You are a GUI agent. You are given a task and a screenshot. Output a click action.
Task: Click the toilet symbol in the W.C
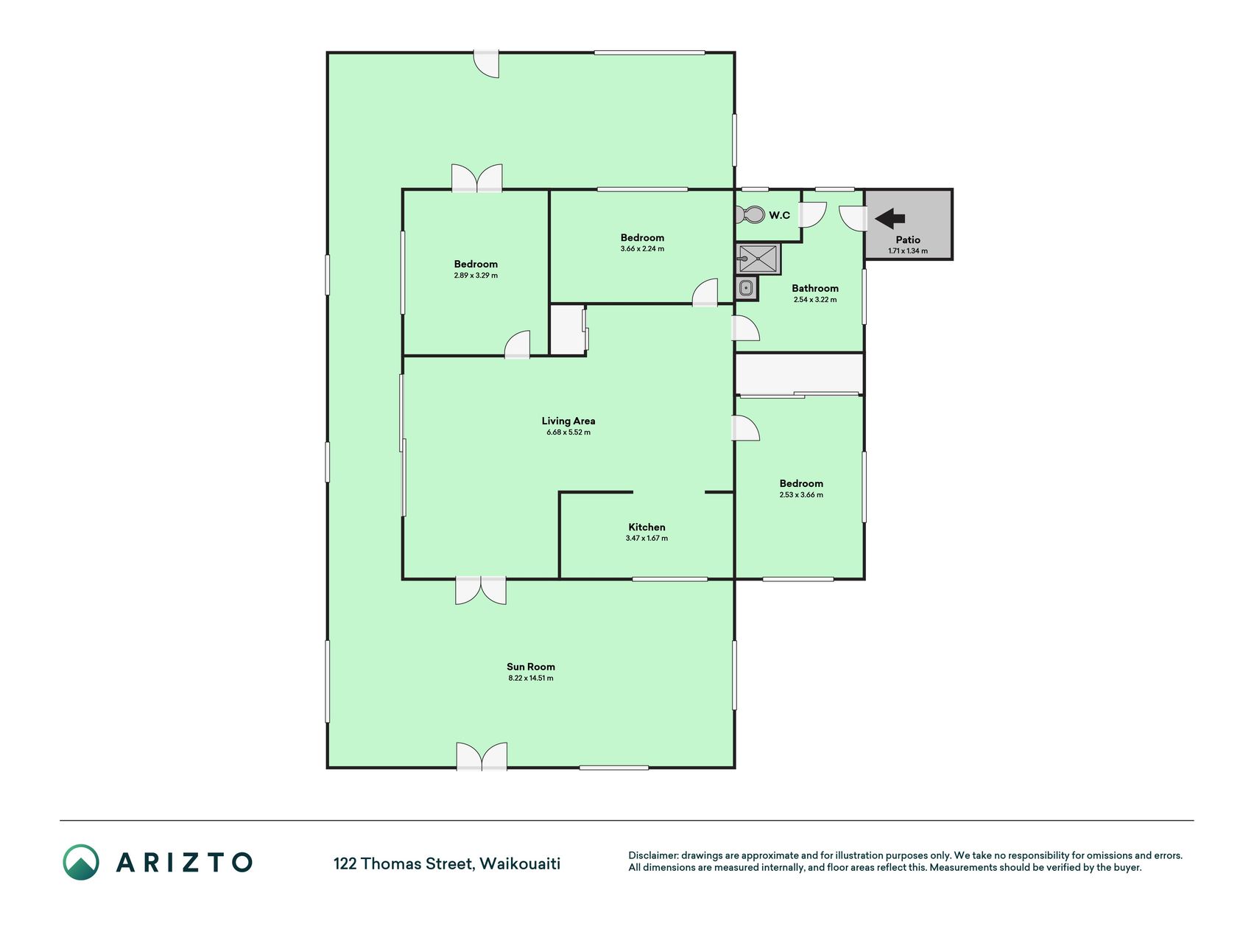(750, 215)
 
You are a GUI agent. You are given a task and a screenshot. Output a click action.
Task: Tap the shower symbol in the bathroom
(758, 259)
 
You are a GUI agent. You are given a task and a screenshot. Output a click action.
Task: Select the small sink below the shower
(746, 288)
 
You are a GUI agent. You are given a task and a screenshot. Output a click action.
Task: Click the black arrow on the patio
(890, 218)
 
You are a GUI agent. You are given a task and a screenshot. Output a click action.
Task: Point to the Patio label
(908, 239)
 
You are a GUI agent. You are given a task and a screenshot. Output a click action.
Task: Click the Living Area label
(568, 421)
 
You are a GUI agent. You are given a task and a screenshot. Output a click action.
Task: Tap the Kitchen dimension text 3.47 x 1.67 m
(647, 539)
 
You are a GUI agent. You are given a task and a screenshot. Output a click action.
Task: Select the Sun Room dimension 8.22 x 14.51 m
(531, 678)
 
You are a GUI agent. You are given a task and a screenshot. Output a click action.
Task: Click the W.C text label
(780, 215)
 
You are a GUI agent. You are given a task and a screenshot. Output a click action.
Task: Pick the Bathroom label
(815, 288)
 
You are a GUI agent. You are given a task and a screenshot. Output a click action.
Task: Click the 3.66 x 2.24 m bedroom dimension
(642, 249)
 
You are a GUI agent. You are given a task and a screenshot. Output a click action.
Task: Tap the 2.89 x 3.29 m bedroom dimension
(476, 276)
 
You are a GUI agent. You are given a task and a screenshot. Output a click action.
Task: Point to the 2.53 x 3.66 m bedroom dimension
(801, 495)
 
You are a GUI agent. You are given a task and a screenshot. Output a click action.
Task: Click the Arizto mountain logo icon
(81, 862)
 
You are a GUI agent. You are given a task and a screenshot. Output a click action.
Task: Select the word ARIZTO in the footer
(184, 862)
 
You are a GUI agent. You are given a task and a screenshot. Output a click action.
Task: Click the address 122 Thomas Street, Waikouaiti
(447, 863)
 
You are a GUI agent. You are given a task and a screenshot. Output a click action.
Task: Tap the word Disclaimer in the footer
(652, 855)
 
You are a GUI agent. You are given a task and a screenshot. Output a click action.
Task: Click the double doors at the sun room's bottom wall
(482, 757)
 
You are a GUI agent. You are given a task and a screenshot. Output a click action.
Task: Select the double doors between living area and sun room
(481, 590)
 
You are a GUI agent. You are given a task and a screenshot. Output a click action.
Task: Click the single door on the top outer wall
(486, 63)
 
